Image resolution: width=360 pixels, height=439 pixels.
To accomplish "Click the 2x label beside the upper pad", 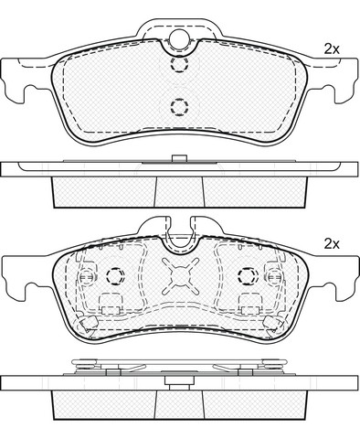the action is (332, 48).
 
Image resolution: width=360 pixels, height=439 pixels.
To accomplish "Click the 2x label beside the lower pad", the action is (332, 244).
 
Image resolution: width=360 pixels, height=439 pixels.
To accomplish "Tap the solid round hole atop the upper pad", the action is (179, 38).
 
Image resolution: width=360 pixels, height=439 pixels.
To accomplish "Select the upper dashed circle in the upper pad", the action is (179, 64).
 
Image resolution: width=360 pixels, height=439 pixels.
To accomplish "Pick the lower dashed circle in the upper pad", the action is (179, 107).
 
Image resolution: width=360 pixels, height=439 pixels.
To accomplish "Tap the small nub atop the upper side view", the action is (179, 158).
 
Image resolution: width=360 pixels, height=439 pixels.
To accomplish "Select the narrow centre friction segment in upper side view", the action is (179, 192).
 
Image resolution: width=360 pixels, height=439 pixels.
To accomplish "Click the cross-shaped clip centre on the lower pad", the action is (180, 276).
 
